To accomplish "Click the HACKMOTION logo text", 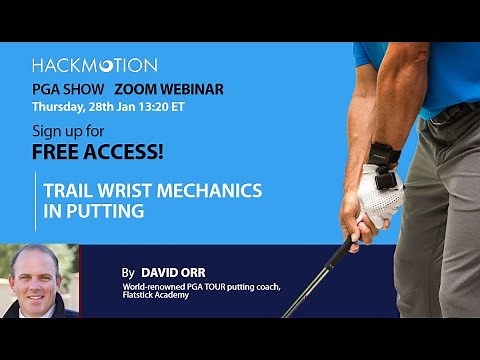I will pos(94,65).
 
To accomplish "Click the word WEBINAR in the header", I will pos(191,89).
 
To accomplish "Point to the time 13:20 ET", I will pos(165,105).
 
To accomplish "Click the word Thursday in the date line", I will pos(58,105).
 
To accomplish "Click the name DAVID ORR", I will pos(170,271).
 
